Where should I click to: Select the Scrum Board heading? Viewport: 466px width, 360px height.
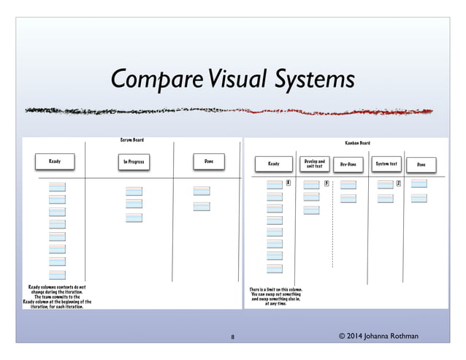131,139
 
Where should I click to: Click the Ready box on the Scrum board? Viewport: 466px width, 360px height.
54,161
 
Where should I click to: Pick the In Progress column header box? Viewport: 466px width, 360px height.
132,161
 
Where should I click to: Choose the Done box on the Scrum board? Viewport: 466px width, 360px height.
208,161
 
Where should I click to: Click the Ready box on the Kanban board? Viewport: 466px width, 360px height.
274,164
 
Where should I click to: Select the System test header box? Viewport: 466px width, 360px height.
386,164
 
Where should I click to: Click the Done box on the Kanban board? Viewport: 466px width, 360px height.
421,164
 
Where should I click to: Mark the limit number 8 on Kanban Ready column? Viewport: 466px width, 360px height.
289,183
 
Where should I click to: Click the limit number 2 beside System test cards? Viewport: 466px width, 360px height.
399,183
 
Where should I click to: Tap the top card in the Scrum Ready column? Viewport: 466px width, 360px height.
57,187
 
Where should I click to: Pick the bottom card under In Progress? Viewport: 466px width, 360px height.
134,218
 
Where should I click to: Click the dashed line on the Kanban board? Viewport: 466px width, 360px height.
332,234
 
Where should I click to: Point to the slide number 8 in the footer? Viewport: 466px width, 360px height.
232,337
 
